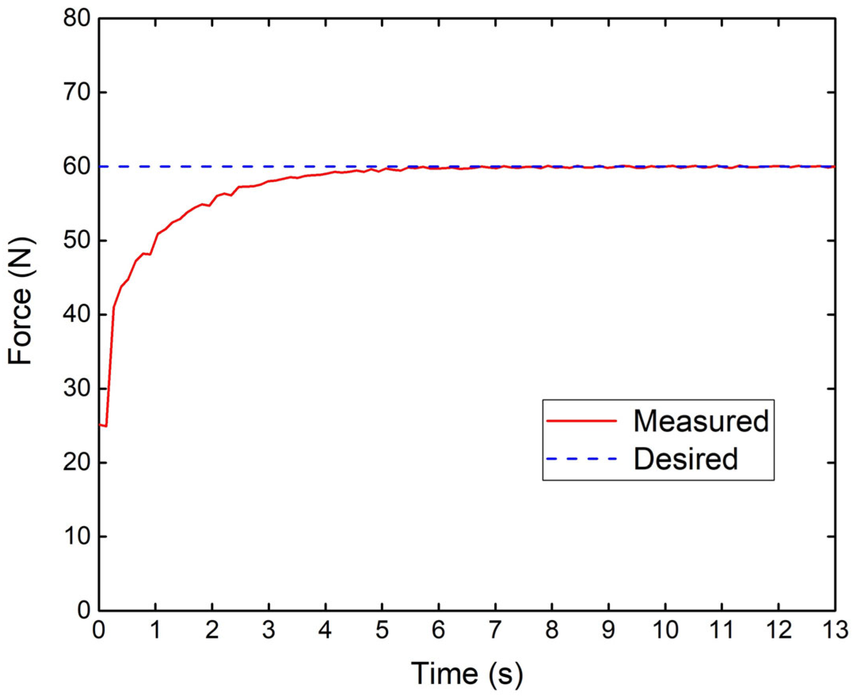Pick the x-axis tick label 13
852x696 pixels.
[x=834, y=631]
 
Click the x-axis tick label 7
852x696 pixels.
[x=495, y=631]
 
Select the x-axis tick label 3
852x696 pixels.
[x=268, y=631]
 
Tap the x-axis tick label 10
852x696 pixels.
[x=665, y=631]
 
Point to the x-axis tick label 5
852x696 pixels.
[x=382, y=631]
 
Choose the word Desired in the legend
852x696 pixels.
[x=686, y=459]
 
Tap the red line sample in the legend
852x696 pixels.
[x=581, y=421]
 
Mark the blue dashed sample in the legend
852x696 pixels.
[x=581, y=459]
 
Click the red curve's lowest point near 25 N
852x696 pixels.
[x=105, y=426]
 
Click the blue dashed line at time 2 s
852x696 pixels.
[x=212, y=166]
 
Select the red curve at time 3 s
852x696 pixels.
[x=269, y=181]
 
